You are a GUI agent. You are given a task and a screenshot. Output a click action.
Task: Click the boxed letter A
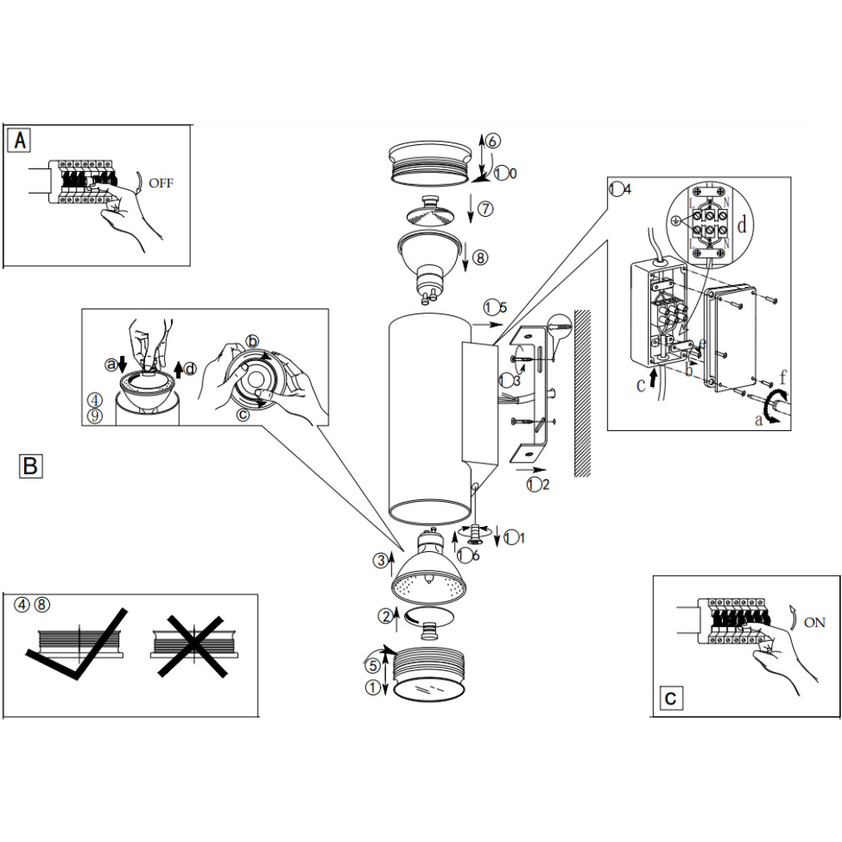coord(20,140)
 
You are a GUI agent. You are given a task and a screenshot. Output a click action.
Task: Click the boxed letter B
coord(30,465)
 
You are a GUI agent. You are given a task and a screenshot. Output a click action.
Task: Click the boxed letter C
coord(671,698)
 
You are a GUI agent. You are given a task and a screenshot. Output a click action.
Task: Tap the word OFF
coord(161,183)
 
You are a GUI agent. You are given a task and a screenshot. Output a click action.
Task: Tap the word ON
coord(814,623)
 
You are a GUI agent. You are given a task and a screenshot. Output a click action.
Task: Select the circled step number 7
coord(486,208)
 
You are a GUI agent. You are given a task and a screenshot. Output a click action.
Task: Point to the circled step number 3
coord(380,560)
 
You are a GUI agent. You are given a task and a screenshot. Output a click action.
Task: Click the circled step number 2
coord(384,617)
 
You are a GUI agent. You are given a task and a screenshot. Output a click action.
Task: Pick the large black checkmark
coord(79,646)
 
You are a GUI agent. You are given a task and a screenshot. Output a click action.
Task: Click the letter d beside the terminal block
coord(742,224)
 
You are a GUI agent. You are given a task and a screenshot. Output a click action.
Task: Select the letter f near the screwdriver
coord(782,377)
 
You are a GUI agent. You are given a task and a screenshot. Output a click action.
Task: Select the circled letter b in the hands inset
coord(253,341)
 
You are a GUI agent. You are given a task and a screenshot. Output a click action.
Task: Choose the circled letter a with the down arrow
coord(109,363)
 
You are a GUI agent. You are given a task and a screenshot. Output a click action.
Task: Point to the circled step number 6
coord(494,141)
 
